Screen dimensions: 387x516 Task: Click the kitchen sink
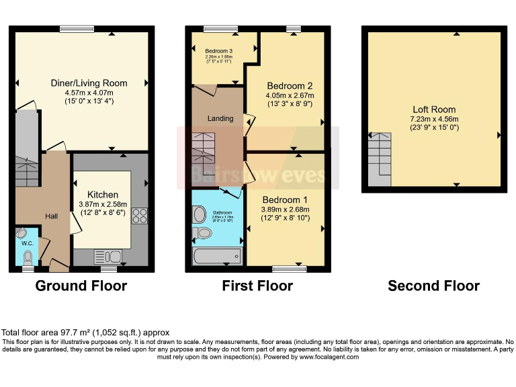[107, 256]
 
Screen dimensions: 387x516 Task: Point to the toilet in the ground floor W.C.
[28, 257]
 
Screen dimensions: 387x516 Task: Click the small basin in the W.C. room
[22, 234]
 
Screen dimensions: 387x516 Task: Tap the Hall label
[52, 216]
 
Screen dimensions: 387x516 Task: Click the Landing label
[220, 118]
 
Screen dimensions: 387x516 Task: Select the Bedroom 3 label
[219, 51]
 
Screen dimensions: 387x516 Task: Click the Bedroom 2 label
[290, 86]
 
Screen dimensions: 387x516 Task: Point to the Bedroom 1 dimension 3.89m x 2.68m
[285, 210]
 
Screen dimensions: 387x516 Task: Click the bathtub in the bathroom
[216, 256]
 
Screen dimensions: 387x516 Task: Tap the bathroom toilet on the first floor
[202, 233]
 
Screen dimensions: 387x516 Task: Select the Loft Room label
[433, 110]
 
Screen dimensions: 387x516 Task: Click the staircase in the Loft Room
[380, 159]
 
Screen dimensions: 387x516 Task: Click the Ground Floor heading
[81, 286]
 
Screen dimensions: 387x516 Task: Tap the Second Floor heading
[433, 286]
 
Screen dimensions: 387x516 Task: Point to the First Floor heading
[257, 286]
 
